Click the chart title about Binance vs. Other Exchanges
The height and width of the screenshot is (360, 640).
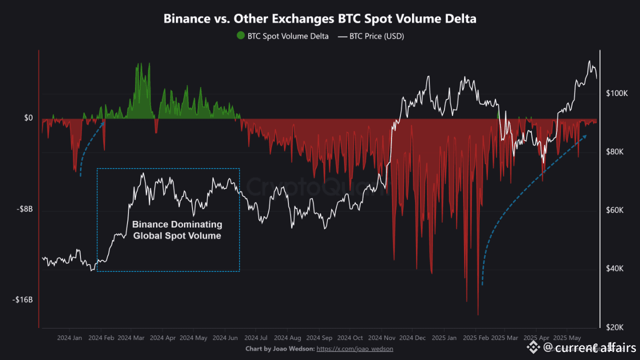pos(320,19)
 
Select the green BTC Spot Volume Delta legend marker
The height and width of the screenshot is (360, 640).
pos(241,36)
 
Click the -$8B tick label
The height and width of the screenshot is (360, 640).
pos(23,209)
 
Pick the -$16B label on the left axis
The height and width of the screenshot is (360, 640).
pos(22,300)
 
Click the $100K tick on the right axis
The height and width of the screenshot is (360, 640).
pos(616,93)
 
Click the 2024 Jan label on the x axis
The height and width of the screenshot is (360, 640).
pos(69,338)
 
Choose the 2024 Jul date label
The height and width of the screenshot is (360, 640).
pos(255,338)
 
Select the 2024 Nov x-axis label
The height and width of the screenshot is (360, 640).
pos(382,338)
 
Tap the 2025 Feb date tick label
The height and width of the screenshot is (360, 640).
pos(475,338)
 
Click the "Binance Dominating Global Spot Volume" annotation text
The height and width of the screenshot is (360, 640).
pos(177,230)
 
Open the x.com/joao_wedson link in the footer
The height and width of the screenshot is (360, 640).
pos(355,348)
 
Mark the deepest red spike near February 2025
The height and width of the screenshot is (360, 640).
pos(478,314)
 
